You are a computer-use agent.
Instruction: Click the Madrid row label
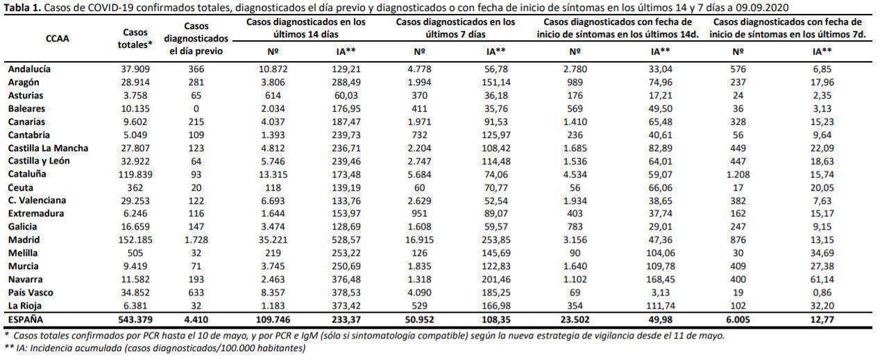point(24,239)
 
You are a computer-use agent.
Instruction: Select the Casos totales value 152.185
point(135,239)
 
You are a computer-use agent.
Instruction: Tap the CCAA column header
point(58,39)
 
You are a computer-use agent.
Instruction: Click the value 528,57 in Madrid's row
point(346,239)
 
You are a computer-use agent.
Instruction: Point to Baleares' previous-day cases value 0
point(196,109)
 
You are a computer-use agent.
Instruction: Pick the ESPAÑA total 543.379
point(135,320)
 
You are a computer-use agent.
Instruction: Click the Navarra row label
point(25,280)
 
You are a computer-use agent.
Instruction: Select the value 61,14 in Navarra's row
point(822,280)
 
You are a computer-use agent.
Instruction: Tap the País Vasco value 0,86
point(822,292)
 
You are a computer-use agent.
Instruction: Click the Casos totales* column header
point(135,39)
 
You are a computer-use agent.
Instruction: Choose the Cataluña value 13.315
point(273,174)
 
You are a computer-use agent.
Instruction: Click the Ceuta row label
point(21,188)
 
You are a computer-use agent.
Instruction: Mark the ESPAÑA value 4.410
point(196,320)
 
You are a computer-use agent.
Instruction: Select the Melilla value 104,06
point(661,253)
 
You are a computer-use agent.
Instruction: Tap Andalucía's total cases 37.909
point(135,69)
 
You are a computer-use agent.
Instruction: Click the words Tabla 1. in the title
point(22,8)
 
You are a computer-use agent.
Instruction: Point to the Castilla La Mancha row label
point(48,148)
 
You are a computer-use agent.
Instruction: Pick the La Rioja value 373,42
point(346,306)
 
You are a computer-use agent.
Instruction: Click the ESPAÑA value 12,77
point(822,320)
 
